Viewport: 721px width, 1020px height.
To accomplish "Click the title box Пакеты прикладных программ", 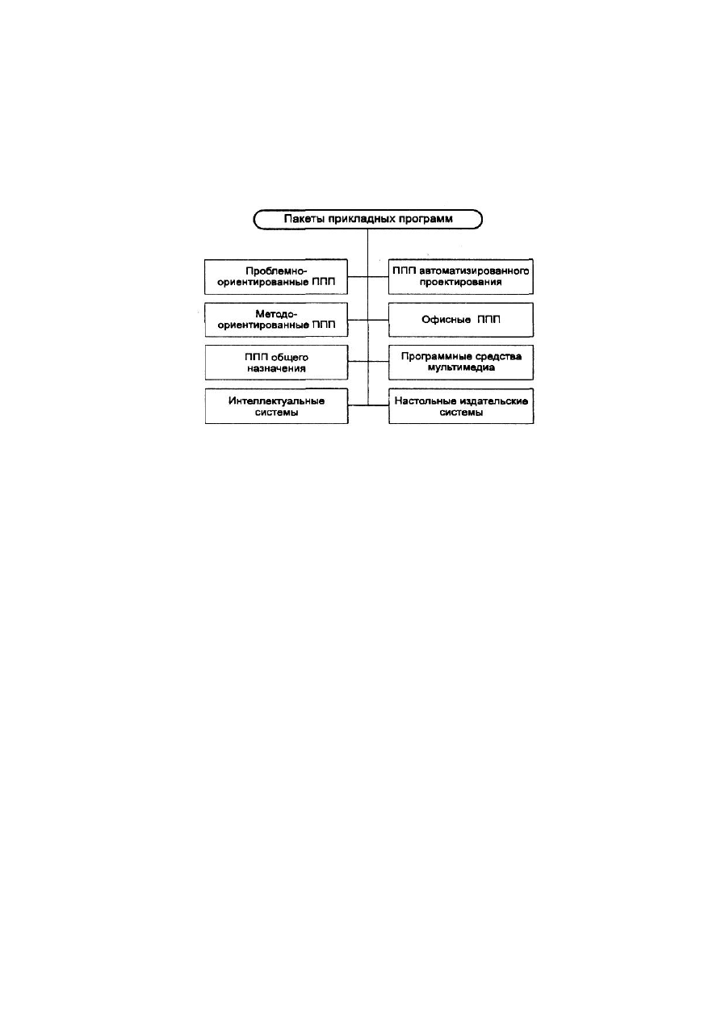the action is (x=368, y=219).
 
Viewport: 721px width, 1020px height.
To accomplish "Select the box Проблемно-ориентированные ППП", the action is (x=276, y=277).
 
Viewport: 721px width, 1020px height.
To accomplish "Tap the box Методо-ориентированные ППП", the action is (x=276, y=320).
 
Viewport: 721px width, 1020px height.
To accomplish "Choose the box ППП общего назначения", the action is (x=276, y=363).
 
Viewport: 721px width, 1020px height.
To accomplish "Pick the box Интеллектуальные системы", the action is (x=276, y=406).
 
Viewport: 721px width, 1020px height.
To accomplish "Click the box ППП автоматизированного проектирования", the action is (x=461, y=277).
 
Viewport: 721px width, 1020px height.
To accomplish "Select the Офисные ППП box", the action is (x=461, y=320).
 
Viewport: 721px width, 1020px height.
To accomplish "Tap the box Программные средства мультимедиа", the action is (x=461, y=363).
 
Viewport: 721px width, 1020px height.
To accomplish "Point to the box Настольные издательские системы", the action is (x=461, y=406).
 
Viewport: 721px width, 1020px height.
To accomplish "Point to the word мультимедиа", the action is (x=461, y=368).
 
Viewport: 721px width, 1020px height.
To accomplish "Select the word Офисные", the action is (x=446, y=320).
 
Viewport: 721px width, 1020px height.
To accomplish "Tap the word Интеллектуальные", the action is (x=276, y=401).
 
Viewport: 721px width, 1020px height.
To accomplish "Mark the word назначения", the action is (x=276, y=368).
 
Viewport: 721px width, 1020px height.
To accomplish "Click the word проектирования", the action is (x=461, y=283).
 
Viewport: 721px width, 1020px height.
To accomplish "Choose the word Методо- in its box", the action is (x=276, y=314).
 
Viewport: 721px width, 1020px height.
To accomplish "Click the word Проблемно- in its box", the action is (x=276, y=271).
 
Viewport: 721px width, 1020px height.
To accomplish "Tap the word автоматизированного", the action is (x=475, y=271).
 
